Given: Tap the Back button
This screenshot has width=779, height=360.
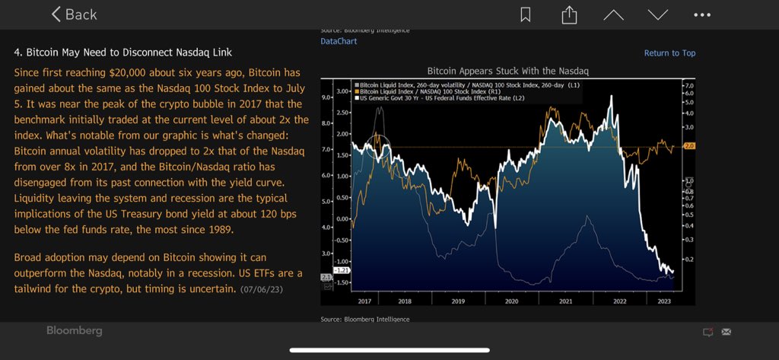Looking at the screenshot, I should (74, 14).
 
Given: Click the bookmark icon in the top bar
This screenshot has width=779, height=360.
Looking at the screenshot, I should (526, 14).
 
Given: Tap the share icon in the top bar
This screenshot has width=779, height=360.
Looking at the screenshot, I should (568, 14).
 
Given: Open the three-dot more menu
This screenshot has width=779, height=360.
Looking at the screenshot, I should (702, 14).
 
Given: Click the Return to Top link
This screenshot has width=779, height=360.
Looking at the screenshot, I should (669, 53).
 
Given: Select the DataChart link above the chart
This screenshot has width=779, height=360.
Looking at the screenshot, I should (339, 41).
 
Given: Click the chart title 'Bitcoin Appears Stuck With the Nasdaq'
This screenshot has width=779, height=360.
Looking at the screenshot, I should (508, 71).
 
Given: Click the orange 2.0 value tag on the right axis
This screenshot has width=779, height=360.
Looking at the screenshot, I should (690, 146).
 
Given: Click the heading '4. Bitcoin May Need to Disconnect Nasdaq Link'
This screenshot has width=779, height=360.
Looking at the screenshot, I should (123, 53).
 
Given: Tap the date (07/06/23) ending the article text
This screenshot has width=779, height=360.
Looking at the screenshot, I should (262, 290).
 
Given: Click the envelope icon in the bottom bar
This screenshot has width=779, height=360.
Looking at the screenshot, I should (726, 332).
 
